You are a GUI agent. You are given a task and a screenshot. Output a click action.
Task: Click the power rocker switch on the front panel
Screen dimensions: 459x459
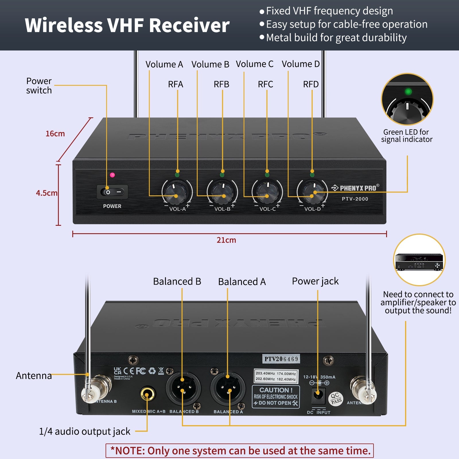pyautogui.click(x=112, y=192)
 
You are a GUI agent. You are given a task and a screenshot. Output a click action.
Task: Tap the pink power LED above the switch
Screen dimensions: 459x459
pyautogui.click(x=112, y=175)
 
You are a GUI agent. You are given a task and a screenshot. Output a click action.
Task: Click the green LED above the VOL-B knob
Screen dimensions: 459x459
pyautogui.click(x=222, y=175)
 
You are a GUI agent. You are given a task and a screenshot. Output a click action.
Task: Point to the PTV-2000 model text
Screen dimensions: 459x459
pyautogui.click(x=355, y=199)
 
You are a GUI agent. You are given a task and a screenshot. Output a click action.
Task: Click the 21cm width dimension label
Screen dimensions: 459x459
pyautogui.click(x=226, y=240)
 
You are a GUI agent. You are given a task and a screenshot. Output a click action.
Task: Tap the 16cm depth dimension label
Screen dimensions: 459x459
pyautogui.click(x=55, y=134)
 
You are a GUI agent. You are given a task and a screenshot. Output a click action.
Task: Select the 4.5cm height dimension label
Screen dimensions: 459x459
pyautogui.click(x=46, y=193)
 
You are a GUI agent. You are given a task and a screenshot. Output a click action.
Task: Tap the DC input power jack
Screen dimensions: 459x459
pyautogui.click(x=318, y=395)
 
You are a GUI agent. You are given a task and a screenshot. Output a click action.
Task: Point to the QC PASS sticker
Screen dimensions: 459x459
pyautogui.click(x=336, y=398)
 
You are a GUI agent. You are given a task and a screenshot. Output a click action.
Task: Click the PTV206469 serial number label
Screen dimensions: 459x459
pyautogui.click(x=281, y=359)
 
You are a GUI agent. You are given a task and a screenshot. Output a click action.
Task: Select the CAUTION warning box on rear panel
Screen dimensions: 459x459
pyautogui.click(x=276, y=396)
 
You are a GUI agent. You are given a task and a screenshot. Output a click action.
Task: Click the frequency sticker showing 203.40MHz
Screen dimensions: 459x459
pyautogui.click(x=276, y=376)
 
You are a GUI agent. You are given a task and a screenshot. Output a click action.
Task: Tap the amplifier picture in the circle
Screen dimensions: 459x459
pyautogui.click(x=419, y=261)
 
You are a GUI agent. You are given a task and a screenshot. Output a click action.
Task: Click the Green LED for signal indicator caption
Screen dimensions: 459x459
pyautogui.click(x=407, y=136)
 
